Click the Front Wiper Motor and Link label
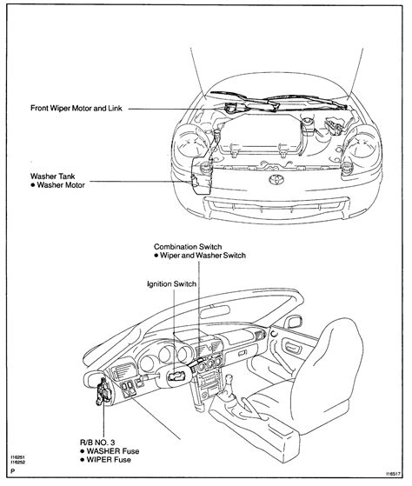(76, 108)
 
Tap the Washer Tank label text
(53, 176)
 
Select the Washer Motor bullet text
(61, 185)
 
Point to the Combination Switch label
(188, 247)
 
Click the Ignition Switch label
(171, 284)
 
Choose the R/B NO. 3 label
(97, 443)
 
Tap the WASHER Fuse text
(113, 451)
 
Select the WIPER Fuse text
(109, 459)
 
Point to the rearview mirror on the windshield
(215, 311)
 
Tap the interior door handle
(291, 347)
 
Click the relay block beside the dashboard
(103, 391)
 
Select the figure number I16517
(394, 474)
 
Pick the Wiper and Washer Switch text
(203, 256)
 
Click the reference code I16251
(17, 457)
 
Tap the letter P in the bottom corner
(13, 471)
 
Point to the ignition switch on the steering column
(176, 376)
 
